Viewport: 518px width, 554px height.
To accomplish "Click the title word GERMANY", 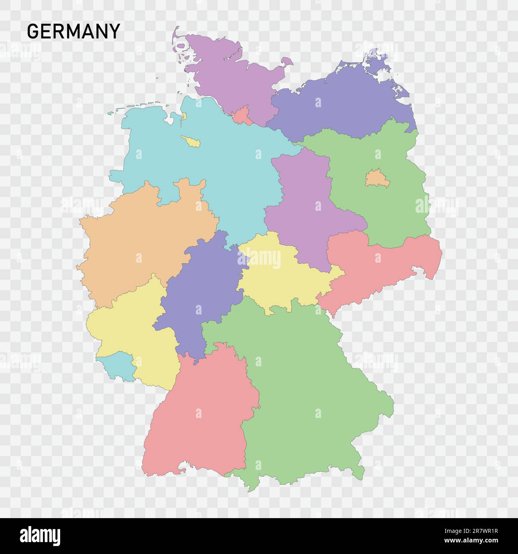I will tap(74, 31).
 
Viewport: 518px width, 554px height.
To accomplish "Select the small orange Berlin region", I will tap(374, 178).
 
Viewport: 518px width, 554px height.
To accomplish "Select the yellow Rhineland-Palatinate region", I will tap(128, 323).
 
